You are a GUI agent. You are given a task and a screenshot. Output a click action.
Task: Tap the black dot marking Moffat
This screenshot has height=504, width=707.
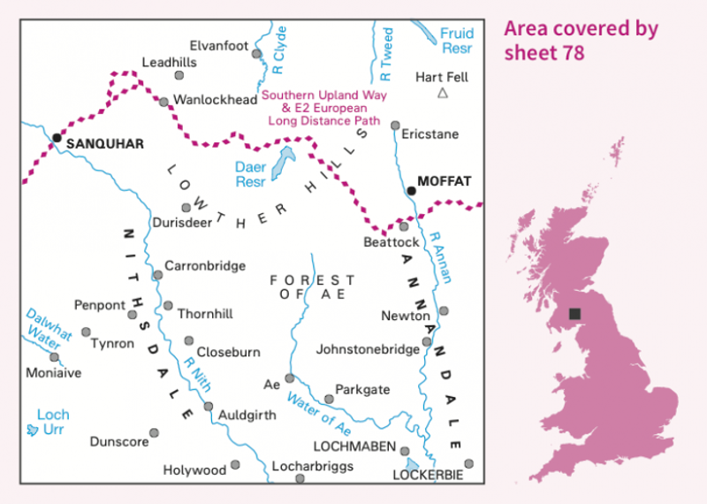(411, 190)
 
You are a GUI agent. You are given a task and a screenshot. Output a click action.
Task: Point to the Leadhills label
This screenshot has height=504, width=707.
(169, 63)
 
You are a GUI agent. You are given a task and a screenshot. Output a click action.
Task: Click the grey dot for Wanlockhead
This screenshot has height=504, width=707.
(163, 102)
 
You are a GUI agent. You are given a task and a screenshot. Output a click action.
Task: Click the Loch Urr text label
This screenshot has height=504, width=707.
(52, 422)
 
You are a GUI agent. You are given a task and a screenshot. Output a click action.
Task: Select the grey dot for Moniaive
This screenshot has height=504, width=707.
(54, 357)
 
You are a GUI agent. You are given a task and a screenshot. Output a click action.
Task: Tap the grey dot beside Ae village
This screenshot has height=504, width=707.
(289, 378)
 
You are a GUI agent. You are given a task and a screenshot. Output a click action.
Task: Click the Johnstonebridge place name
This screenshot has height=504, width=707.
(368, 349)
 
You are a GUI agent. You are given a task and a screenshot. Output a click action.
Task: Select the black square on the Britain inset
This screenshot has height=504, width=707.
(575, 314)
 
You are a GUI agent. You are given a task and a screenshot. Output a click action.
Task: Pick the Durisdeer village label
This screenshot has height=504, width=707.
(183, 223)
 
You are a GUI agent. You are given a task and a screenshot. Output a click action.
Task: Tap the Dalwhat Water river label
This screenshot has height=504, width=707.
(48, 326)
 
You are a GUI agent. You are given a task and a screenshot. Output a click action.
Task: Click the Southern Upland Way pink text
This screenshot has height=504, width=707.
(321, 95)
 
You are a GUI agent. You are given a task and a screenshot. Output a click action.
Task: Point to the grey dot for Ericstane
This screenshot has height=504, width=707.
(396, 126)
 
